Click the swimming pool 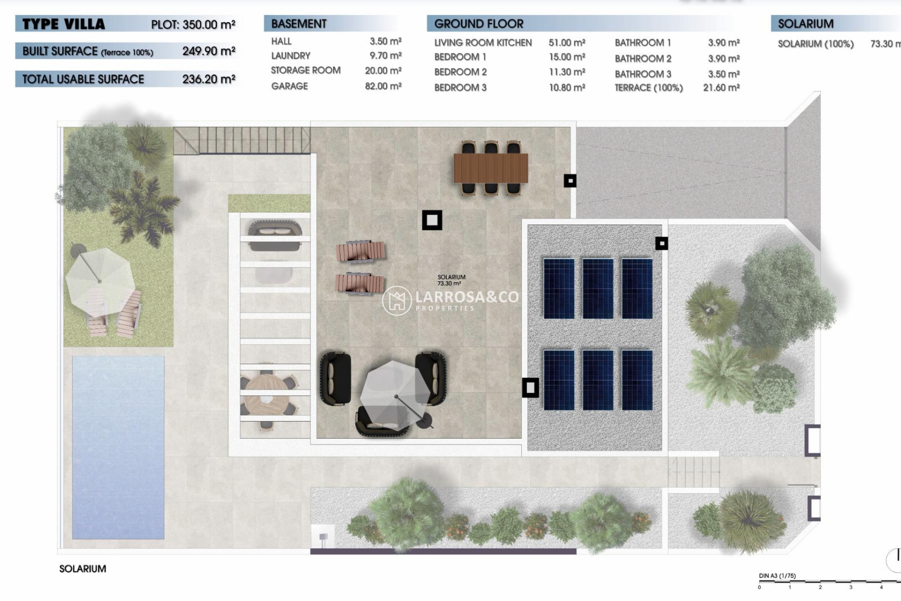[x=118, y=447]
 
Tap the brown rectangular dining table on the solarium [x=490, y=168]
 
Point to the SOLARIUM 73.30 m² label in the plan [x=451, y=280]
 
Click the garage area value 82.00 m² [x=383, y=86]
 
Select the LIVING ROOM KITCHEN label [x=483, y=43]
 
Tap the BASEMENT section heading [x=298, y=24]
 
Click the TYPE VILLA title [x=64, y=24]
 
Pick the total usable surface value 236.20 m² [x=208, y=79]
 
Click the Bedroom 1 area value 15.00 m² [x=567, y=57]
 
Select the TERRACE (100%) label [x=649, y=88]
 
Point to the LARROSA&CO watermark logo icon [x=397, y=300]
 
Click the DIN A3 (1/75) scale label [x=777, y=576]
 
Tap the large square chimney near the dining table [x=432, y=220]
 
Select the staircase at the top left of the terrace [x=242, y=140]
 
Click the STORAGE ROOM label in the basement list [x=305, y=70]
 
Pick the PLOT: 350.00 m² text [x=193, y=24]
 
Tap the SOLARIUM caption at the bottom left [x=83, y=569]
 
